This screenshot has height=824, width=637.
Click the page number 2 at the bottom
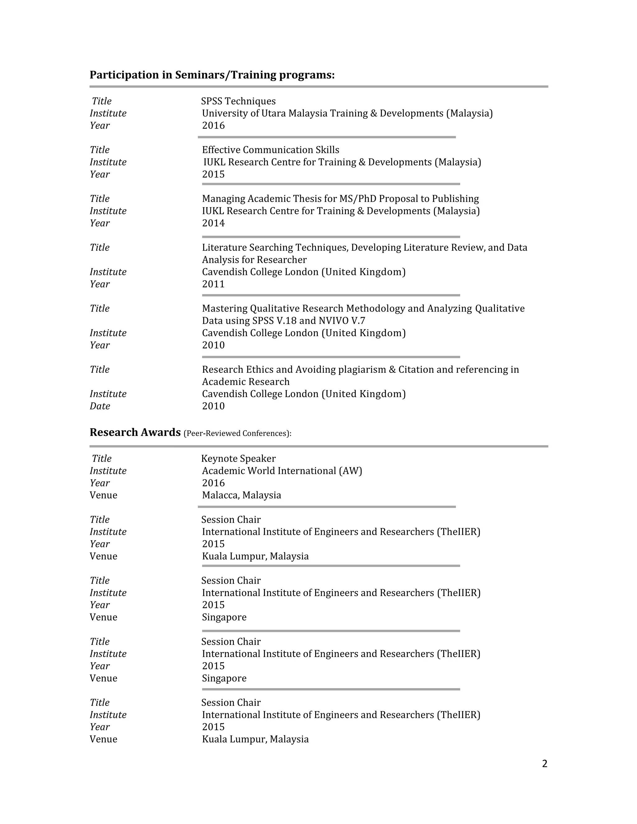click(x=544, y=764)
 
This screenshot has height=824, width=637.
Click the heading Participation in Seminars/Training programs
click(x=212, y=75)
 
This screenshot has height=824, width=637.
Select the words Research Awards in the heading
click(x=135, y=433)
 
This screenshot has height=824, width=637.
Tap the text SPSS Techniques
click(x=238, y=101)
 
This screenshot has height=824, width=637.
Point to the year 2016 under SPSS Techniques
click(x=213, y=126)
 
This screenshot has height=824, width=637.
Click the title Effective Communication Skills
click(x=271, y=150)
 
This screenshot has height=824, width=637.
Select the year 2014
click(x=213, y=223)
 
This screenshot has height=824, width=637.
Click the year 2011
click(x=213, y=284)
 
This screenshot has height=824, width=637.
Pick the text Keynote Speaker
click(x=238, y=458)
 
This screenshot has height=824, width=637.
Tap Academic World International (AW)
click(x=282, y=471)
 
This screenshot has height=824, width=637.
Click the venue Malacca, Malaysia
click(x=241, y=495)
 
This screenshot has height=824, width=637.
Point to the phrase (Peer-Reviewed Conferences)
click(x=237, y=433)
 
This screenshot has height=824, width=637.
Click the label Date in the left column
click(x=100, y=406)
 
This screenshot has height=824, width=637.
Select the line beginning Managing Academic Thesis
click(x=340, y=199)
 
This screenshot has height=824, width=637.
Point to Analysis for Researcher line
click(x=254, y=260)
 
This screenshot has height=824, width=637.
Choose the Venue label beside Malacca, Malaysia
click(x=103, y=495)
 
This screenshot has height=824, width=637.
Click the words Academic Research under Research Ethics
click(x=246, y=382)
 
